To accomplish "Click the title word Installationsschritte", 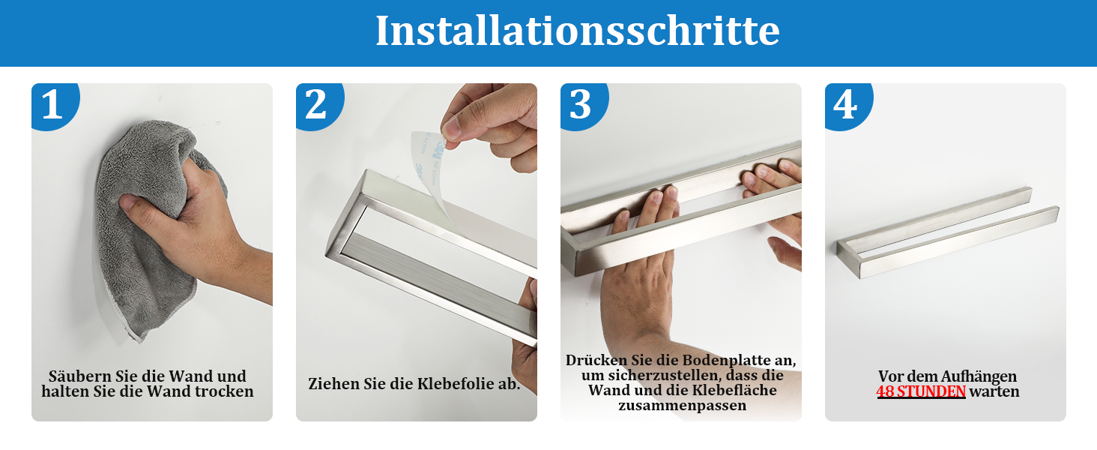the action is (x=578, y=31).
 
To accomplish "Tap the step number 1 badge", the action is (x=54, y=105).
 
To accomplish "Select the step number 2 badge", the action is (x=318, y=105).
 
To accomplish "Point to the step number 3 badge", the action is (x=583, y=105).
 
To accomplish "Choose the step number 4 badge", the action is (x=847, y=105).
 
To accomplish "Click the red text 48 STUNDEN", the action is (x=921, y=391).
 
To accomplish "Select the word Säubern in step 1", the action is (x=80, y=376).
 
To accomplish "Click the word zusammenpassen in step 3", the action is (x=682, y=406).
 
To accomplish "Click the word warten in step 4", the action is (x=994, y=391).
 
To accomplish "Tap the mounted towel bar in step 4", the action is (x=948, y=232).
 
